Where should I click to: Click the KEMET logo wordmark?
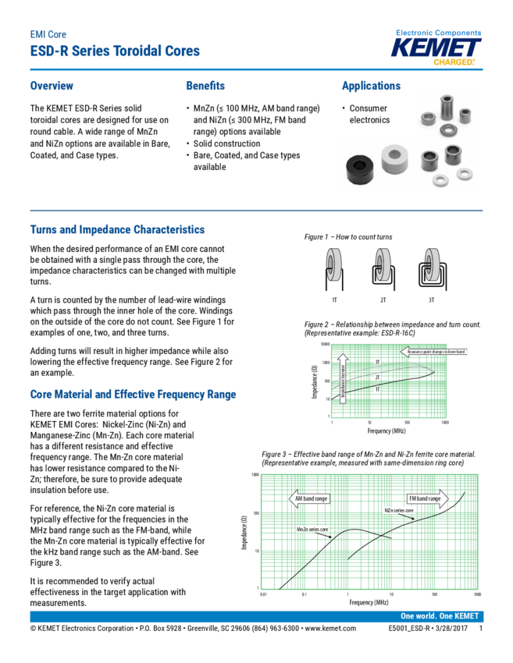click(x=437, y=48)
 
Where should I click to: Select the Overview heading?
click(x=52, y=86)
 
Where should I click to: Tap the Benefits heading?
click(x=205, y=86)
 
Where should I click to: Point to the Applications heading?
click(x=371, y=86)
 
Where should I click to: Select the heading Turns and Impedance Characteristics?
click(x=117, y=230)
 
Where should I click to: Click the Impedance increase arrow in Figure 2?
click(x=341, y=375)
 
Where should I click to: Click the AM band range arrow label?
click(x=310, y=498)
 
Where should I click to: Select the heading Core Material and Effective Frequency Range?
click(x=133, y=395)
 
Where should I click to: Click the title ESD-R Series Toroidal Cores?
click(x=115, y=51)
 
